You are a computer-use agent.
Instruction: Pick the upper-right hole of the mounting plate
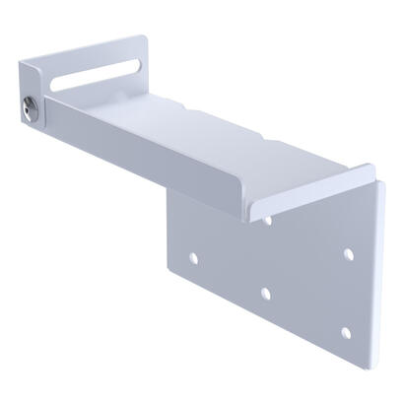pyautogui.click(x=348, y=254)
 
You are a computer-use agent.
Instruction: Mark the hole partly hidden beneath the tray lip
pyautogui.click(x=268, y=219)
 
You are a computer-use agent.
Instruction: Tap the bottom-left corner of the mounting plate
pyautogui.click(x=177, y=279)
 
